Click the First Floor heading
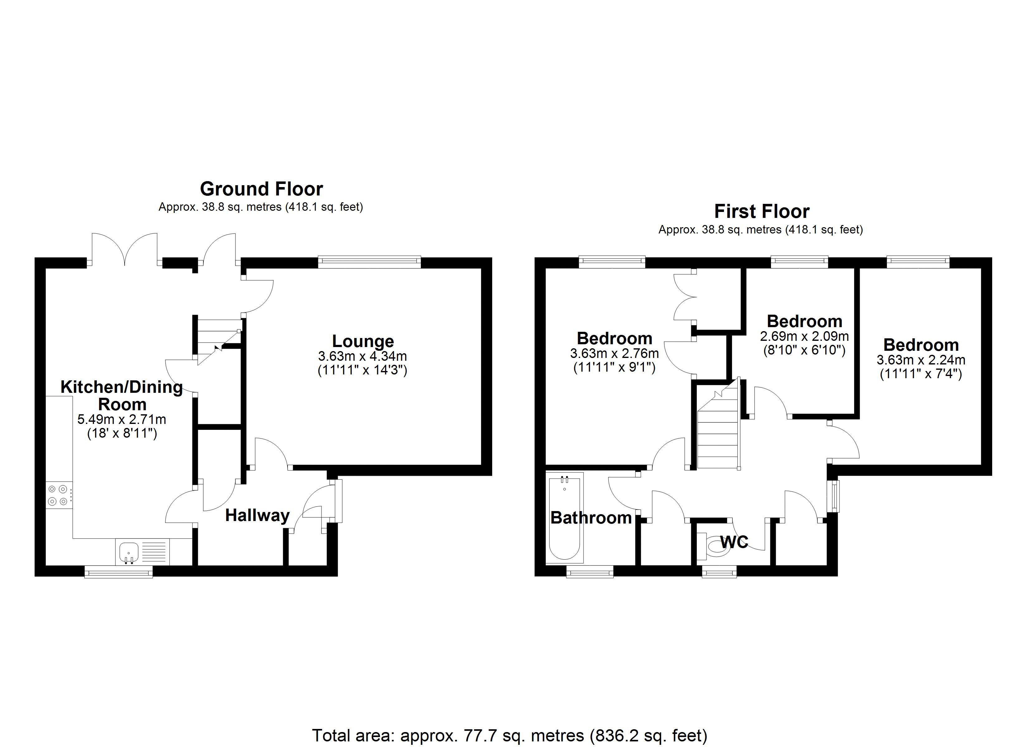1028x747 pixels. (x=761, y=211)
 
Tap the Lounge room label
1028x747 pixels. (x=363, y=341)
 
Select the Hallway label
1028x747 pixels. (x=257, y=515)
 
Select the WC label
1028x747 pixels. (x=734, y=542)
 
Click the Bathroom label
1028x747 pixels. (x=591, y=517)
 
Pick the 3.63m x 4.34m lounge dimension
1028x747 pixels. (x=362, y=356)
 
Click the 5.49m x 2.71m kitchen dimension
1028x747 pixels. (x=121, y=419)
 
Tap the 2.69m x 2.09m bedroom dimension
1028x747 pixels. (x=804, y=336)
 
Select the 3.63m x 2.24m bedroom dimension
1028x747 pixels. (x=921, y=360)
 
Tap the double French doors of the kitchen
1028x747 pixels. (x=125, y=249)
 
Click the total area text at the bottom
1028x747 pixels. (x=509, y=735)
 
